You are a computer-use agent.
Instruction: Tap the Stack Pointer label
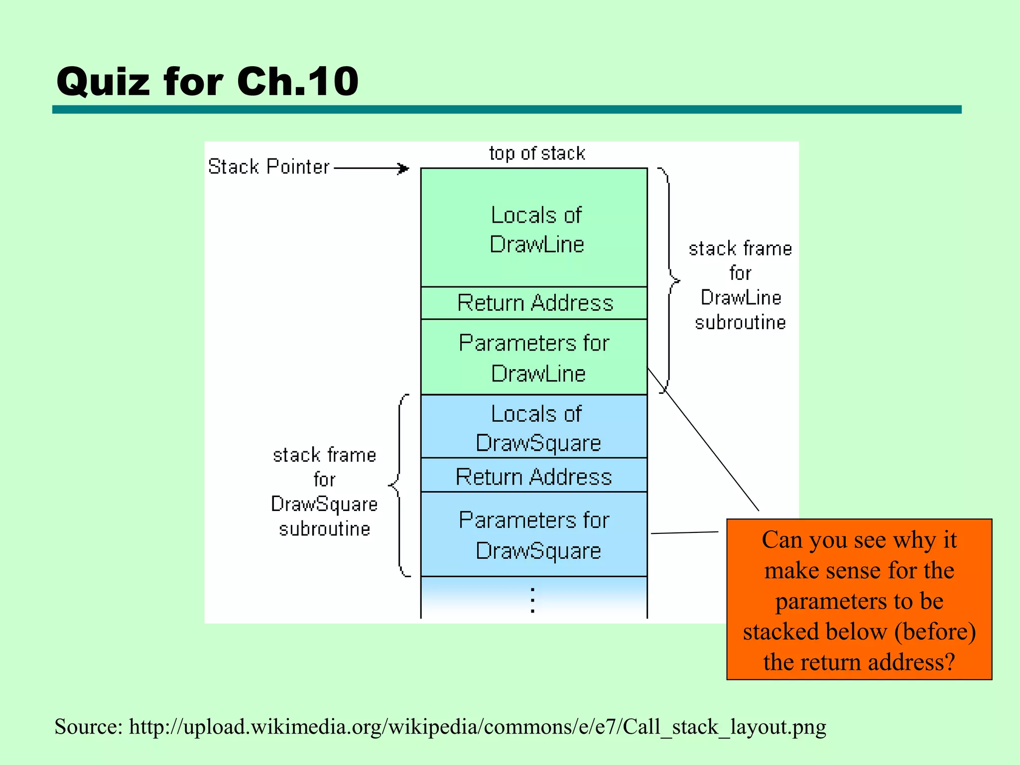[269, 167]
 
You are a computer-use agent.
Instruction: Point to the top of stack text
[537, 153]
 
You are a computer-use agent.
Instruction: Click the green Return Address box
[534, 303]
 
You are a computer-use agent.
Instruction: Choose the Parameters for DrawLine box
[534, 358]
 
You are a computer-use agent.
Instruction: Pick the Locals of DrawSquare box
[534, 427]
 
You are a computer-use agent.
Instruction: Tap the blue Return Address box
[534, 476]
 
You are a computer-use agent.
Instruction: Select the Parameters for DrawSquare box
[534, 535]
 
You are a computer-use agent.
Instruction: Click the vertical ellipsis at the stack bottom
[533, 600]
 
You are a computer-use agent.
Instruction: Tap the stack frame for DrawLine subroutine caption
[740, 285]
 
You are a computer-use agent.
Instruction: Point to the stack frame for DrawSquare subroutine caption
[324, 492]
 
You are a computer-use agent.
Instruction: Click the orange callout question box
[859, 599]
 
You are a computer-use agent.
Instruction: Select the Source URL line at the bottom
[440, 727]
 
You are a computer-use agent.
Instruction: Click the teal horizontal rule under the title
[507, 110]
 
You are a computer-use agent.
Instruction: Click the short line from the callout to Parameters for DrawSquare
[684, 533]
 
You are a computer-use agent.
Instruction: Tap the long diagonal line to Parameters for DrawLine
[703, 440]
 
